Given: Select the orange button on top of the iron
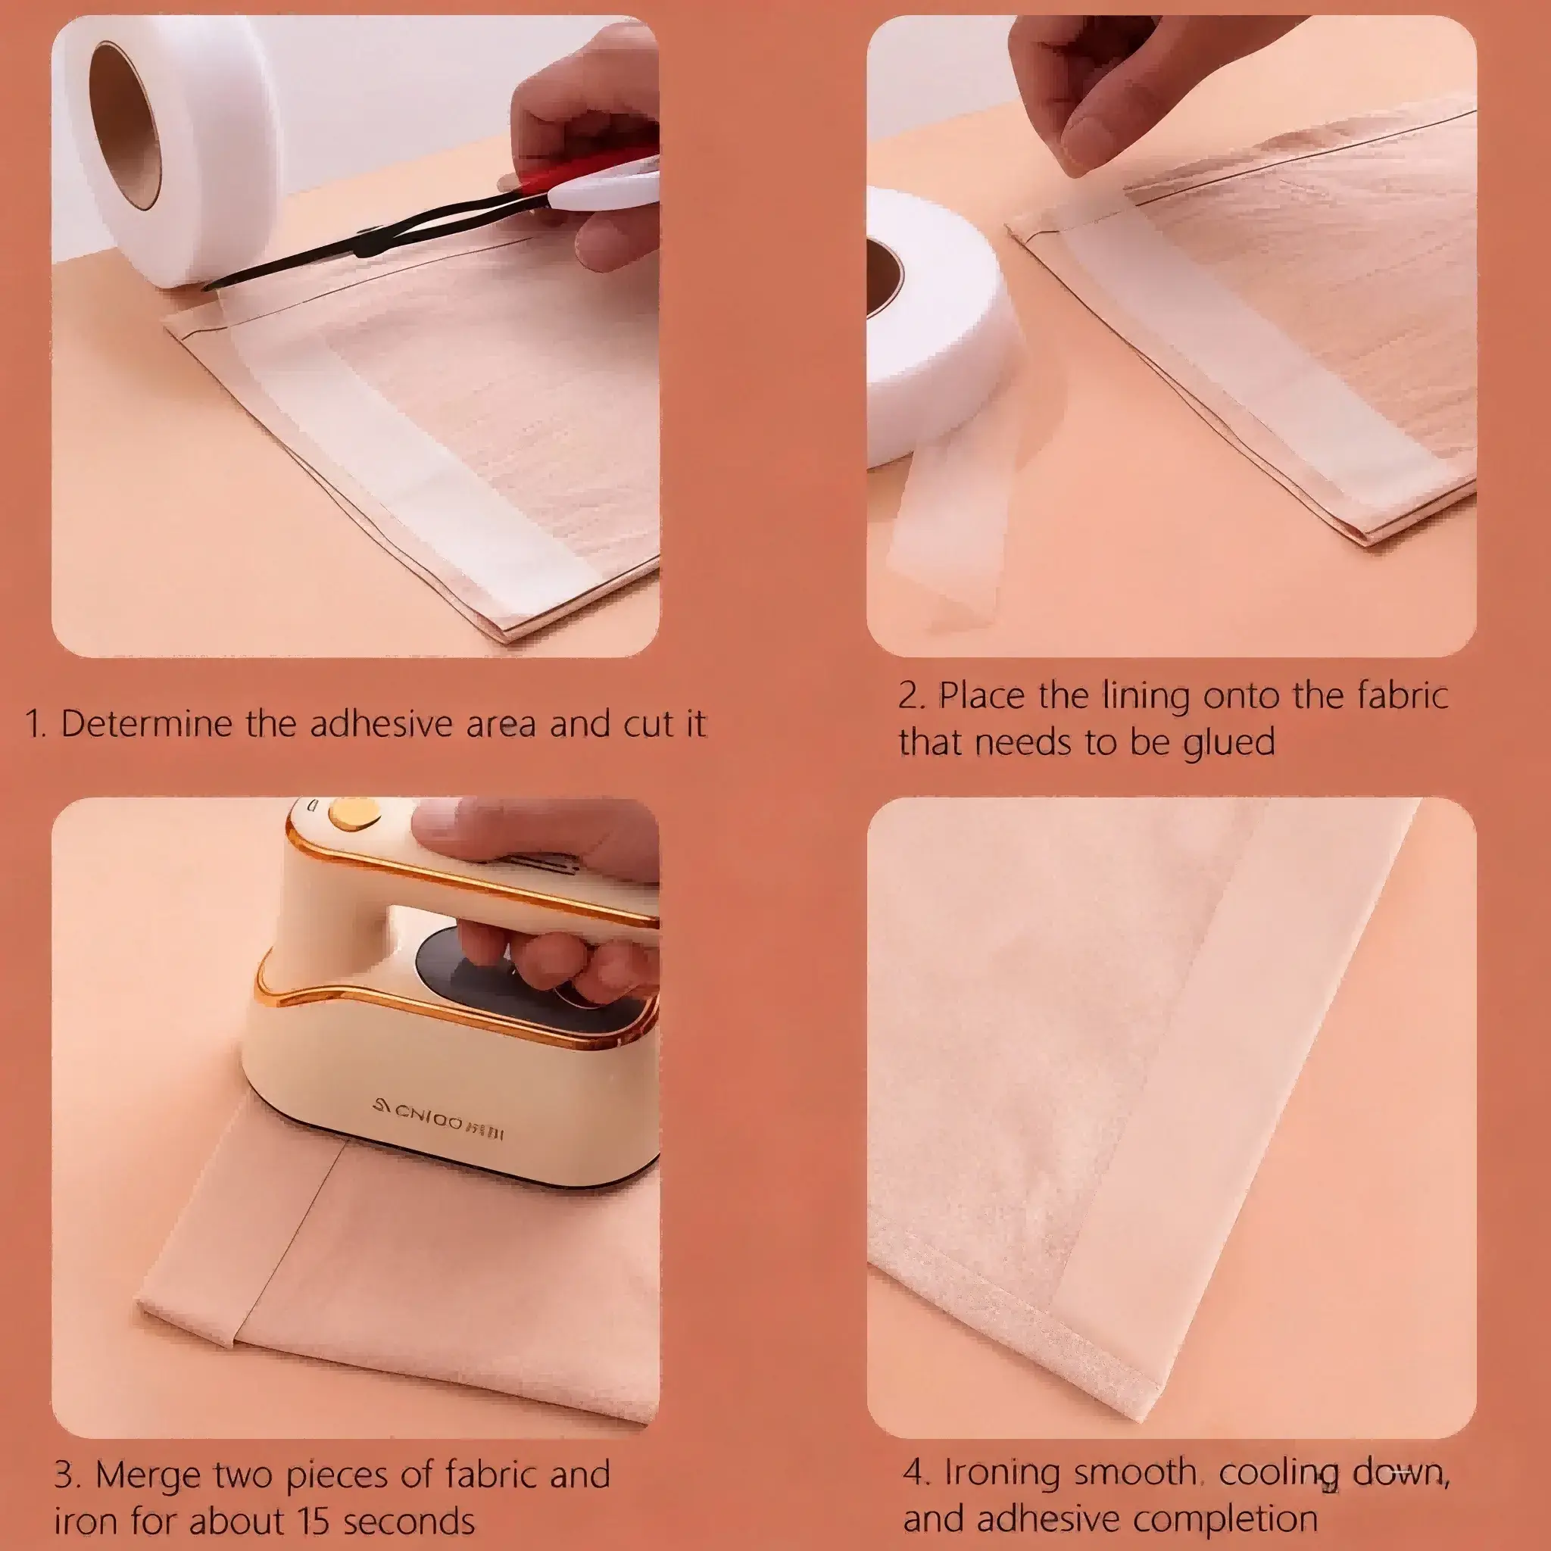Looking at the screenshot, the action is click(353, 813).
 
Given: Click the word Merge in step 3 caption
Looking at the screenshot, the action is click(149, 1475).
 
